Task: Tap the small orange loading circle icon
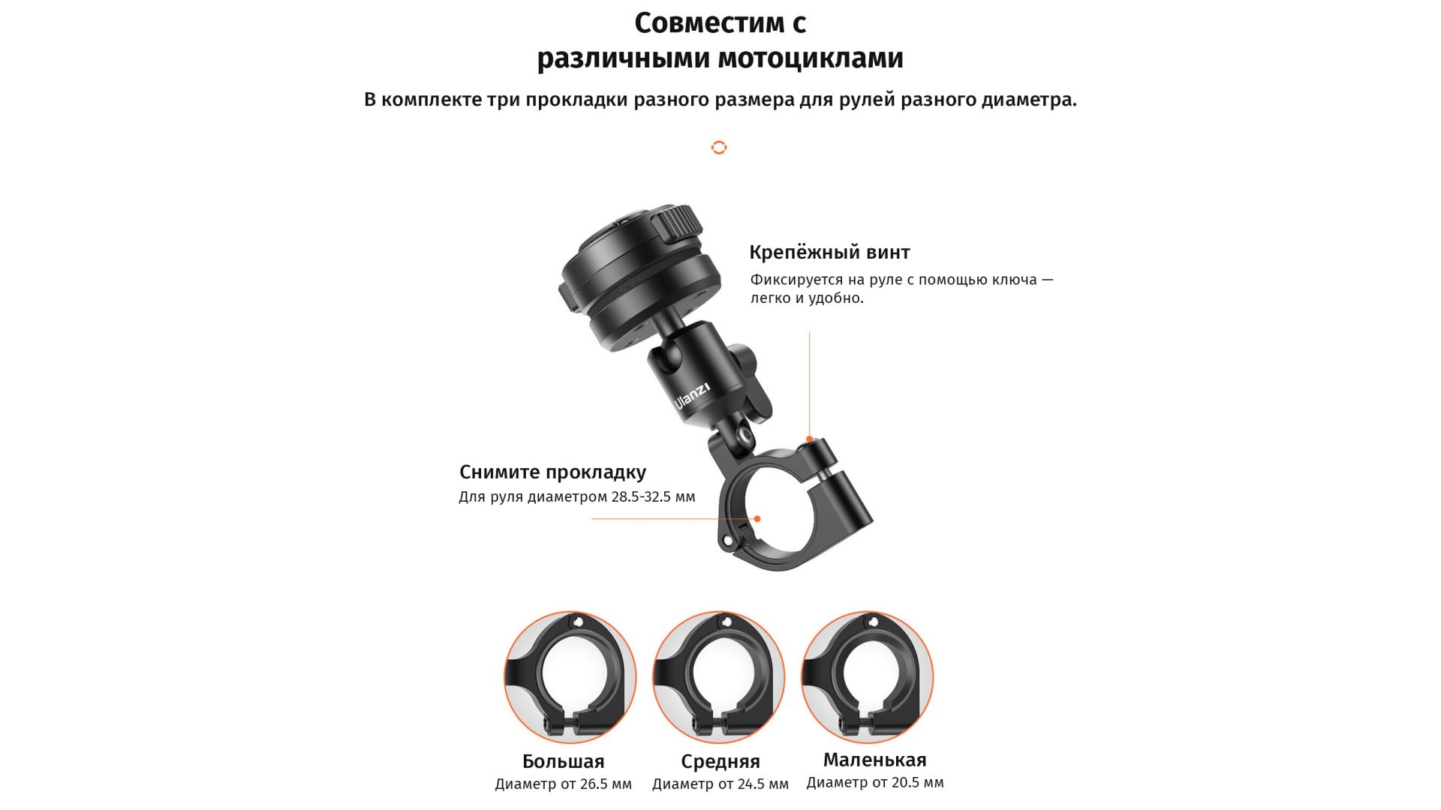[719, 147]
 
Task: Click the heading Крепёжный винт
[829, 253]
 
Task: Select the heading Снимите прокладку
[552, 472]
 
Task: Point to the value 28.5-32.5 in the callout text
[642, 496]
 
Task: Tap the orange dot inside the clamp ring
[757, 519]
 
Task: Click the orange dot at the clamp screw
[809, 439]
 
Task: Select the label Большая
[564, 761]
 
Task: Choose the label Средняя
[720, 762]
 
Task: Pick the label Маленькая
[875, 760]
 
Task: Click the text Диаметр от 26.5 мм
[563, 784]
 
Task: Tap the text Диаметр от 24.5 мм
[720, 784]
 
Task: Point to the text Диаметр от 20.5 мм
[875, 783]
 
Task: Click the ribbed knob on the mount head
[675, 223]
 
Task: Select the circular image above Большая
[570, 677]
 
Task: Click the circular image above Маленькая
[868, 677]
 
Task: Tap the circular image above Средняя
[719, 677]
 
